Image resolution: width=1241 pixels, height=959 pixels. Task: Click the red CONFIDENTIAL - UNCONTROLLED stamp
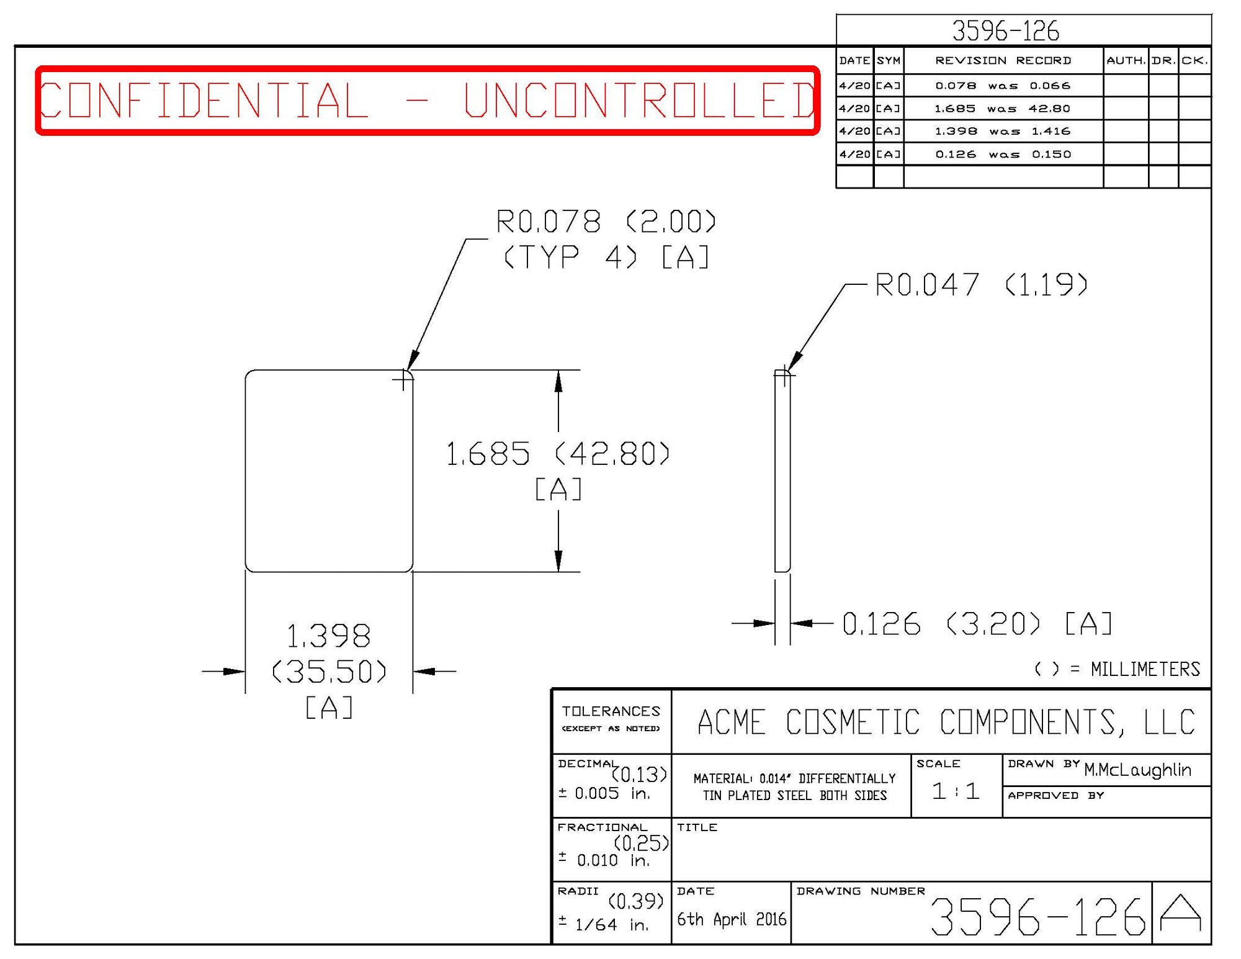(x=427, y=100)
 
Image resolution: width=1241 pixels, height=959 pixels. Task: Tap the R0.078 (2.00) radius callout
(x=606, y=222)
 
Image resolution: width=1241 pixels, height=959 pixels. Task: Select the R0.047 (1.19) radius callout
(x=980, y=285)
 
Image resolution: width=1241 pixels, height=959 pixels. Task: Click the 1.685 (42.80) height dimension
(x=557, y=453)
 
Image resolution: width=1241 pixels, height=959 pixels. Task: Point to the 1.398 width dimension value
(x=328, y=636)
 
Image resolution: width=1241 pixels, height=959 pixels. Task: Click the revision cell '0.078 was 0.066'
(x=1003, y=86)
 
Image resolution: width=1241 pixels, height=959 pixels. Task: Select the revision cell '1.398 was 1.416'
(x=1003, y=131)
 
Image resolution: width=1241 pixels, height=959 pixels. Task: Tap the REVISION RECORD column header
(x=1003, y=60)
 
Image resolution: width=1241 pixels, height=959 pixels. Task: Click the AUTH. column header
(x=1126, y=60)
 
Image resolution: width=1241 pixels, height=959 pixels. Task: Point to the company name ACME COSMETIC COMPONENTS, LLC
(x=946, y=722)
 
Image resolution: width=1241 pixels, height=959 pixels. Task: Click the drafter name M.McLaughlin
(x=1137, y=770)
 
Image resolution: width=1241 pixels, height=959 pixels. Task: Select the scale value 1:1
(x=956, y=791)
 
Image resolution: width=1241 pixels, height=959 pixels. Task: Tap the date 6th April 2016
(x=731, y=919)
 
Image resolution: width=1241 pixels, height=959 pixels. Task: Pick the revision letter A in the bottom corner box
(x=1181, y=913)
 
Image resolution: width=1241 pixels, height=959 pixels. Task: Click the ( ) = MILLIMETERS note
(x=1117, y=669)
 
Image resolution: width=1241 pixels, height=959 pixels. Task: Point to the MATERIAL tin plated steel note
(x=794, y=786)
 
